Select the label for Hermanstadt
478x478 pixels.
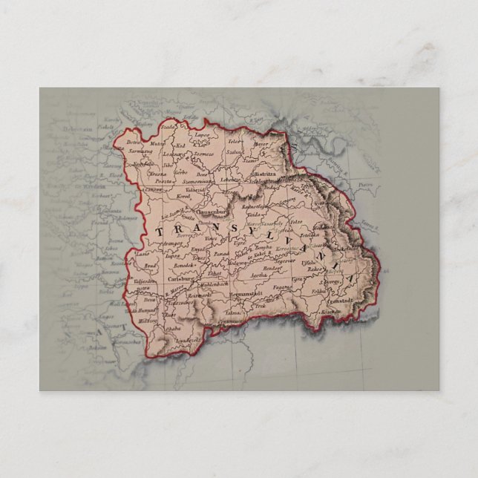247,295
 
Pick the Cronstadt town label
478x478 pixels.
337,301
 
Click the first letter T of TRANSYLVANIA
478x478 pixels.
158,232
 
